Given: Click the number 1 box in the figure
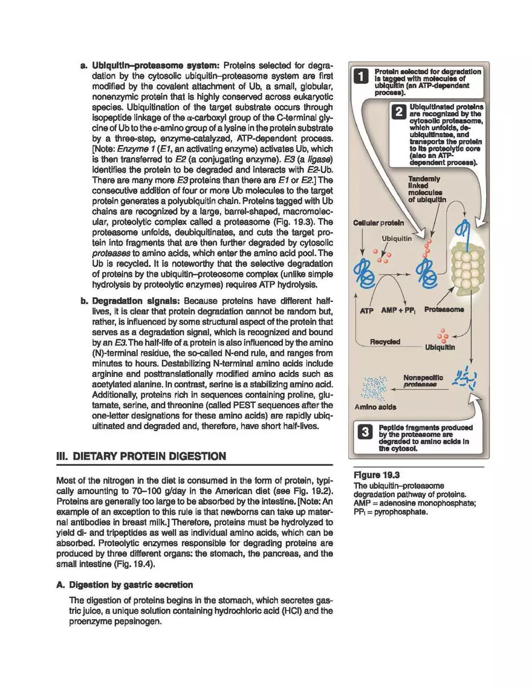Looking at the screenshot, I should point(361,77).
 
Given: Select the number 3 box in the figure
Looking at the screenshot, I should point(364,432).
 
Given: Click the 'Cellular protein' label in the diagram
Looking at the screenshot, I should point(378,223).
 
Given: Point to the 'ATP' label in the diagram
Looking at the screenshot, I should point(367,310).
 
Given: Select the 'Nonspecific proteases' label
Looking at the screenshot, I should point(423,381).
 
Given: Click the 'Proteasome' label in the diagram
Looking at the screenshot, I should point(444,309).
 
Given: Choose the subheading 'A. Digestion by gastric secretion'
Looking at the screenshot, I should point(131,585).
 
